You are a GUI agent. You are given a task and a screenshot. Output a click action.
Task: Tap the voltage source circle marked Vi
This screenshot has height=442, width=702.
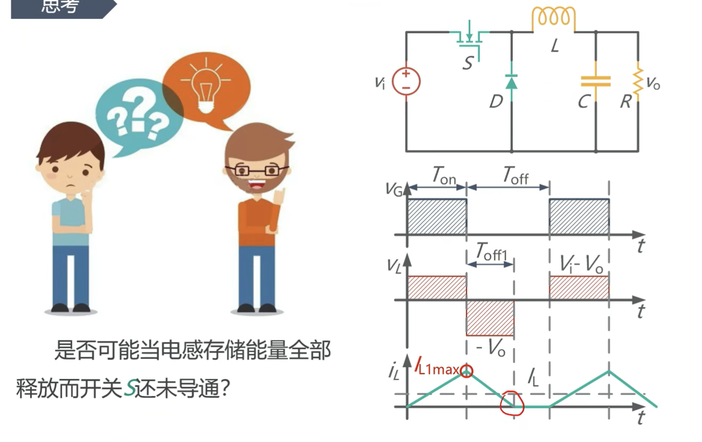click(x=406, y=81)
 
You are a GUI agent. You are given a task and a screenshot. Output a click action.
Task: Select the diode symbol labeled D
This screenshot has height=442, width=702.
click(x=511, y=81)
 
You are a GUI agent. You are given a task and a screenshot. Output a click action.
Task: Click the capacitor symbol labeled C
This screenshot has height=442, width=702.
click(x=595, y=81)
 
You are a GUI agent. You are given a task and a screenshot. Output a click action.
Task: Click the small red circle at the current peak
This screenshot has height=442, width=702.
click(x=467, y=371)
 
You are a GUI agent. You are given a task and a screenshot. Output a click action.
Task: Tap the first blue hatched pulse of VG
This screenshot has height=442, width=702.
click(x=436, y=216)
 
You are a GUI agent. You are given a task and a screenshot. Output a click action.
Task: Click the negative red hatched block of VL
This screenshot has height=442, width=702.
click(x=490, y=318)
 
